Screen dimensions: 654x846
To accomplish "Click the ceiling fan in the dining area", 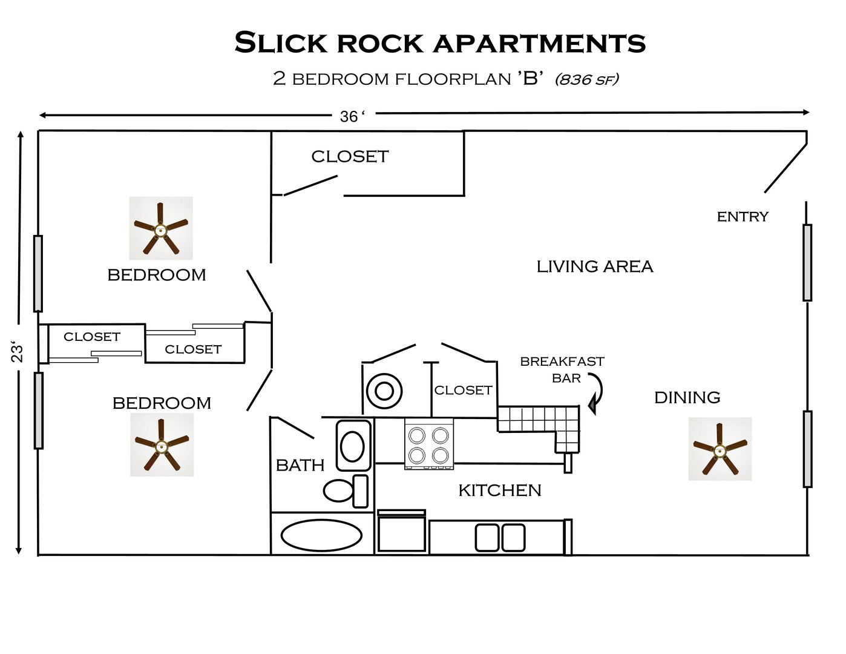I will pyautogui.click(x=720, y=449).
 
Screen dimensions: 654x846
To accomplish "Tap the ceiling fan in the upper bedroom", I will pyautogui.click(x=160, y=228).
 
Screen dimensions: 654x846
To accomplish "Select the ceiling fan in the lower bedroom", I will pyautogui.click(x=162, y=445).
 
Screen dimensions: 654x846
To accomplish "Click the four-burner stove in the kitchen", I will pyautogui.click(x=428, y=444).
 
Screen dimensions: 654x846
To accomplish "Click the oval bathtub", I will pyautogui.click(x=321, y=535).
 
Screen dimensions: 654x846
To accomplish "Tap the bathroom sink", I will pyautogui.click(x=353, y=446).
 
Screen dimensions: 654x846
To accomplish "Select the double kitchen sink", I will pyautogui.click(x=500, y=538).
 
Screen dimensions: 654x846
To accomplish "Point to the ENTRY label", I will pyautogui.click(x=743, y=217).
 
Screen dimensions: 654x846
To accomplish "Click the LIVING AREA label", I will pyautogui.click(x=595, y=266).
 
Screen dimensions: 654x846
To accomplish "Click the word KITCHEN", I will pyautogui.click(x=500, y=490).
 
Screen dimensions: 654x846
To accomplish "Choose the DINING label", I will pyautogui.click(x=687, y=398).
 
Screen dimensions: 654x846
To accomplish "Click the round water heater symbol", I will pyautogui.click(x=384, y=391).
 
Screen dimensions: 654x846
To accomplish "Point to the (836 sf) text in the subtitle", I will pyautogui.click(x=586, y=79).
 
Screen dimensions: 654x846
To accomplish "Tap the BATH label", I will pyautogui.click(x=300, y=465).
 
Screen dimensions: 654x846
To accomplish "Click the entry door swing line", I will pyautogui.click(x=785, y=168).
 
